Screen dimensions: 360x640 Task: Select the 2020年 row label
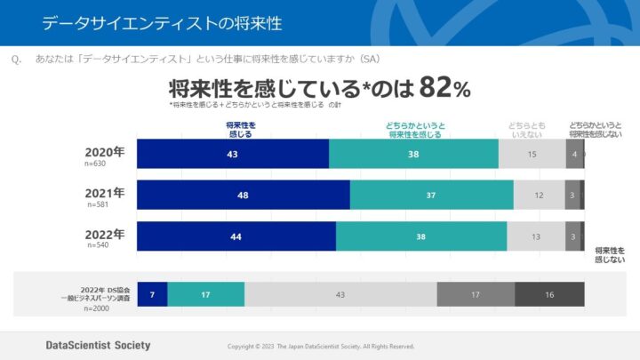[104, 152]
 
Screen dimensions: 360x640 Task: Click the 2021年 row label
[104, 193]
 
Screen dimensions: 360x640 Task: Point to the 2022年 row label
[104, 235]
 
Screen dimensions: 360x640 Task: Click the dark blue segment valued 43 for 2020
[233, 155]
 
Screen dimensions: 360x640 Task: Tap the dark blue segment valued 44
[236, 236]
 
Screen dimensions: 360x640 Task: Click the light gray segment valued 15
[532, 155]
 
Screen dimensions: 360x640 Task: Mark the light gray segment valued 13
[536, 236]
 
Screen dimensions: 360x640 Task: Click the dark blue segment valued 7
[152, 294]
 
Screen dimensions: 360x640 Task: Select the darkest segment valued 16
[549, 294]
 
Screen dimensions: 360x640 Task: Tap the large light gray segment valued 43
[340, 294]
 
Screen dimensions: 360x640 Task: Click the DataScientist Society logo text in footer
[98, 345]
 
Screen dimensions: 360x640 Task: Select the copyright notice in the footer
[321, 346]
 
